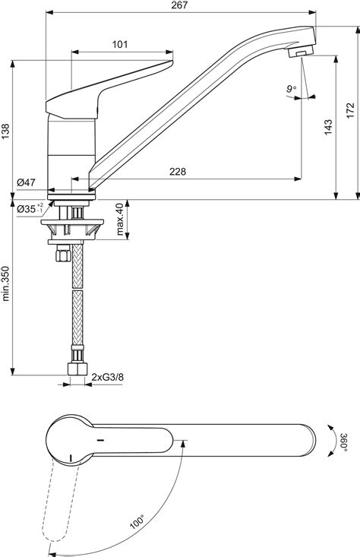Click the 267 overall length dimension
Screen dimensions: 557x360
[179, 6]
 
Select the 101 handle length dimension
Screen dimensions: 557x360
[119, 45]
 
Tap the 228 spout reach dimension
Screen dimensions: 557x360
[177, 172]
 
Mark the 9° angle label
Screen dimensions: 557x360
[292, 89]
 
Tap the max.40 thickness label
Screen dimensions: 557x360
[119, 220]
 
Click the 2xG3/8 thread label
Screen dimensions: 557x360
[107, 376]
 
